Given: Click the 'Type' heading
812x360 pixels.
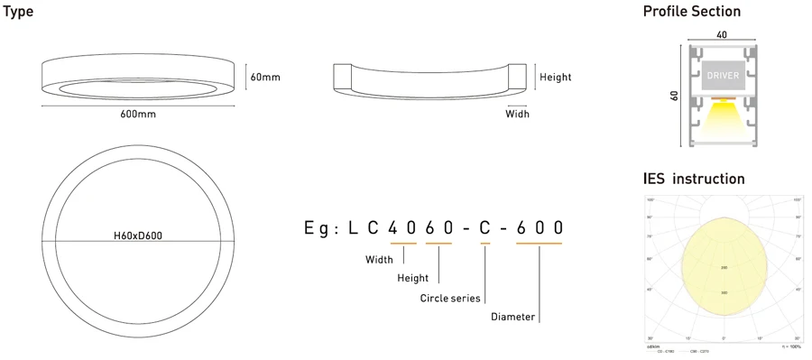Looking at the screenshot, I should click(x=18, y=12).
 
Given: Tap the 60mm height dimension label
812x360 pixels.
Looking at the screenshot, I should click(x=265, y=78).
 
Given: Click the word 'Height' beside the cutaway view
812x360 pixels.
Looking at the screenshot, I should click(x=555, y=78).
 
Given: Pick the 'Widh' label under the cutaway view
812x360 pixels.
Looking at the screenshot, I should click(x=517, y=114).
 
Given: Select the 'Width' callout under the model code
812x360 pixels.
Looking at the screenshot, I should click(x=379, y=260).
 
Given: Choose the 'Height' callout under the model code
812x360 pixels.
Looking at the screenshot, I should click(x=412, y=278).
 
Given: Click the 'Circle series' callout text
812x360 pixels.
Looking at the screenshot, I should click(x=450, y=298).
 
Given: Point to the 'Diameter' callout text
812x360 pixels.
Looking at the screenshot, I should click(x=512, y=317).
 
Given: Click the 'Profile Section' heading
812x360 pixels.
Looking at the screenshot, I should click(x=691, y=12).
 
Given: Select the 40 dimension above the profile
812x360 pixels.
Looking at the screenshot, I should click(x=721, y=35).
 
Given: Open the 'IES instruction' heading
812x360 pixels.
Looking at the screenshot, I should click(x=693, y=179).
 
